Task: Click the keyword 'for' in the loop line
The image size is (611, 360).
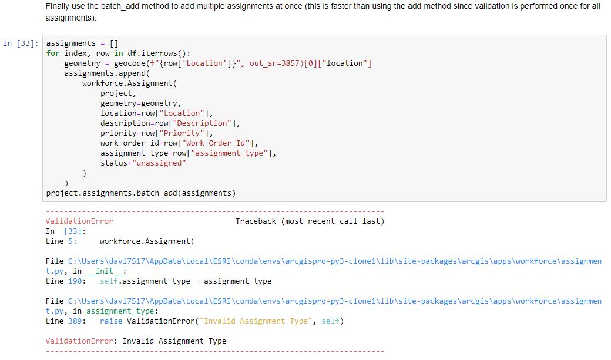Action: click(53, 53)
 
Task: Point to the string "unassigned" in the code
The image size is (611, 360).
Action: click(159, 163)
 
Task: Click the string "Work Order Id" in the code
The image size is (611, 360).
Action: click(216, 143)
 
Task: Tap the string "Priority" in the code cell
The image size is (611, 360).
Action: click(182, 133)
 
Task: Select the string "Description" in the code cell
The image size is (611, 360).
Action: click(202, 123)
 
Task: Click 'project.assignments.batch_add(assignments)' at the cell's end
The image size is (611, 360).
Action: click(141, 193)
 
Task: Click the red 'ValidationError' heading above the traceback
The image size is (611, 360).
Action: click(79, 221)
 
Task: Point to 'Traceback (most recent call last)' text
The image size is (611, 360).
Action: click(310, 221)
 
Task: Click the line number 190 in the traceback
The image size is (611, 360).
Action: click(75, 281)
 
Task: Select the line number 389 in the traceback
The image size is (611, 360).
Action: click(75, 321)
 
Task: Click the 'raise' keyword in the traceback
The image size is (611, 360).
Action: click(111, 321)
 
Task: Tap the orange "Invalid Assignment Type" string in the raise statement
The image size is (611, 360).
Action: click(256, 321)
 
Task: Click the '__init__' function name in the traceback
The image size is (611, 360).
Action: click(105, 271)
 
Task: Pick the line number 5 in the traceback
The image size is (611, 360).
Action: click(70, 241)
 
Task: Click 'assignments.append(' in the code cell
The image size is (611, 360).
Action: click(107, 73)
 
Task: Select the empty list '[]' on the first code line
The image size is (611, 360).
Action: click(114, 43)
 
